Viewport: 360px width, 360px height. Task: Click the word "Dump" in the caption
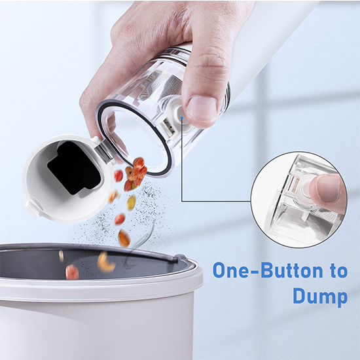point(320,297)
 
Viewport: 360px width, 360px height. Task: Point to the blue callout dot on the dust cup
point(182,118)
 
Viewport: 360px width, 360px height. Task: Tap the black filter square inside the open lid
point(74,168)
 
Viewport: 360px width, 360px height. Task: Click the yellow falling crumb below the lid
point(132,202)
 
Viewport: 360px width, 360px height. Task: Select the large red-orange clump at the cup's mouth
point(137,174)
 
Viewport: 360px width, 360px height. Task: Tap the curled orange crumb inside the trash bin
point(105,262)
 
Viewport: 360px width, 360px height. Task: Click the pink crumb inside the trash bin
point(72,272)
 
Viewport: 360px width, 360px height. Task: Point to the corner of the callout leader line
point(182,202)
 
